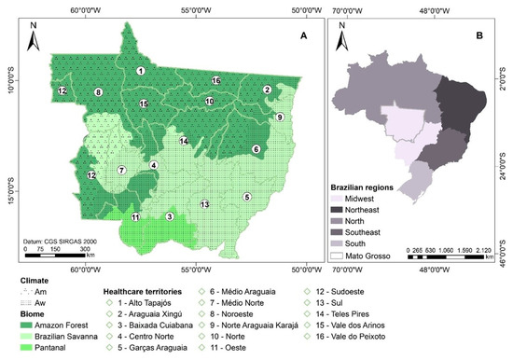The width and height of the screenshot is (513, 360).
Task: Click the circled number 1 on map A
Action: click(140, 71)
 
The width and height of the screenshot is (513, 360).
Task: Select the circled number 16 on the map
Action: click(215, 81)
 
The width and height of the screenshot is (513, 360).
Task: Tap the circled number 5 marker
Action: click(247, 197)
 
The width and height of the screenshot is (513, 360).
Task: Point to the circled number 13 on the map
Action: click(203, 204)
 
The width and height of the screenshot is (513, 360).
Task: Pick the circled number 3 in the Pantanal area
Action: click(169, 216)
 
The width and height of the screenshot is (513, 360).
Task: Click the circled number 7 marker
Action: click(121, 171)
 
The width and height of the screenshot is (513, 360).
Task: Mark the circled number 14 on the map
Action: click(185, 141)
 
